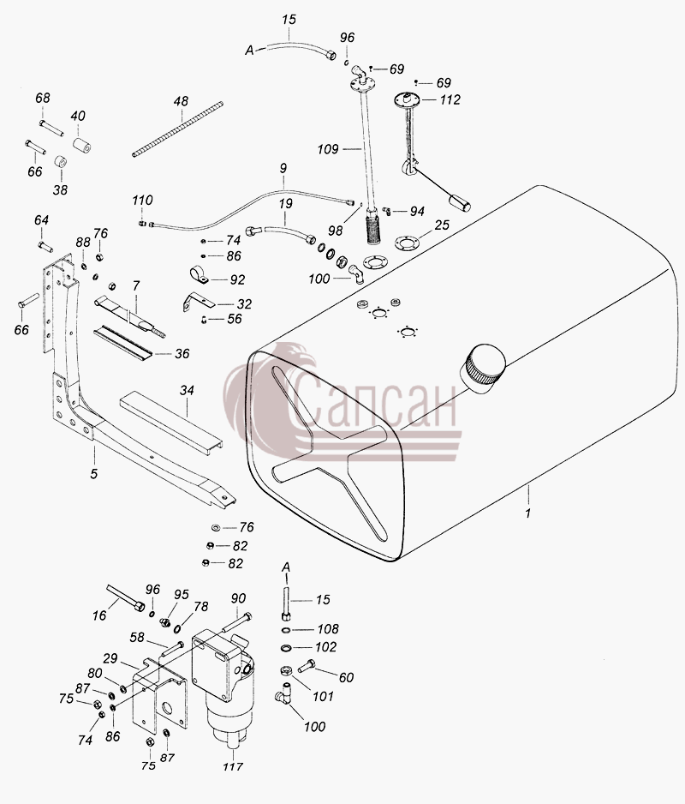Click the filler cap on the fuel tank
point(484,369)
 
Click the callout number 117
point(233,766)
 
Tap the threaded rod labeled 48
point(178,129)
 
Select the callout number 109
point(328,149)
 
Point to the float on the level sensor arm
point(460,202)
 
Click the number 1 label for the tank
point(528,513)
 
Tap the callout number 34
point(187,391)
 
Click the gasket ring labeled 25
point(407,241)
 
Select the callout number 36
point(182,354)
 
